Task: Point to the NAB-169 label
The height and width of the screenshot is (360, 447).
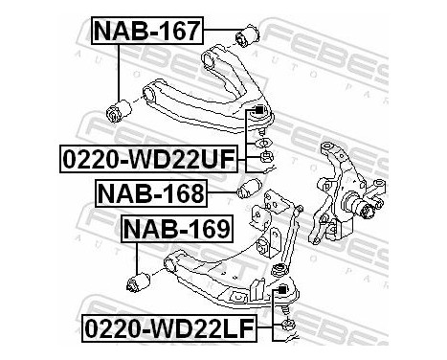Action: pyautogui.click(x=175, y=231)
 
